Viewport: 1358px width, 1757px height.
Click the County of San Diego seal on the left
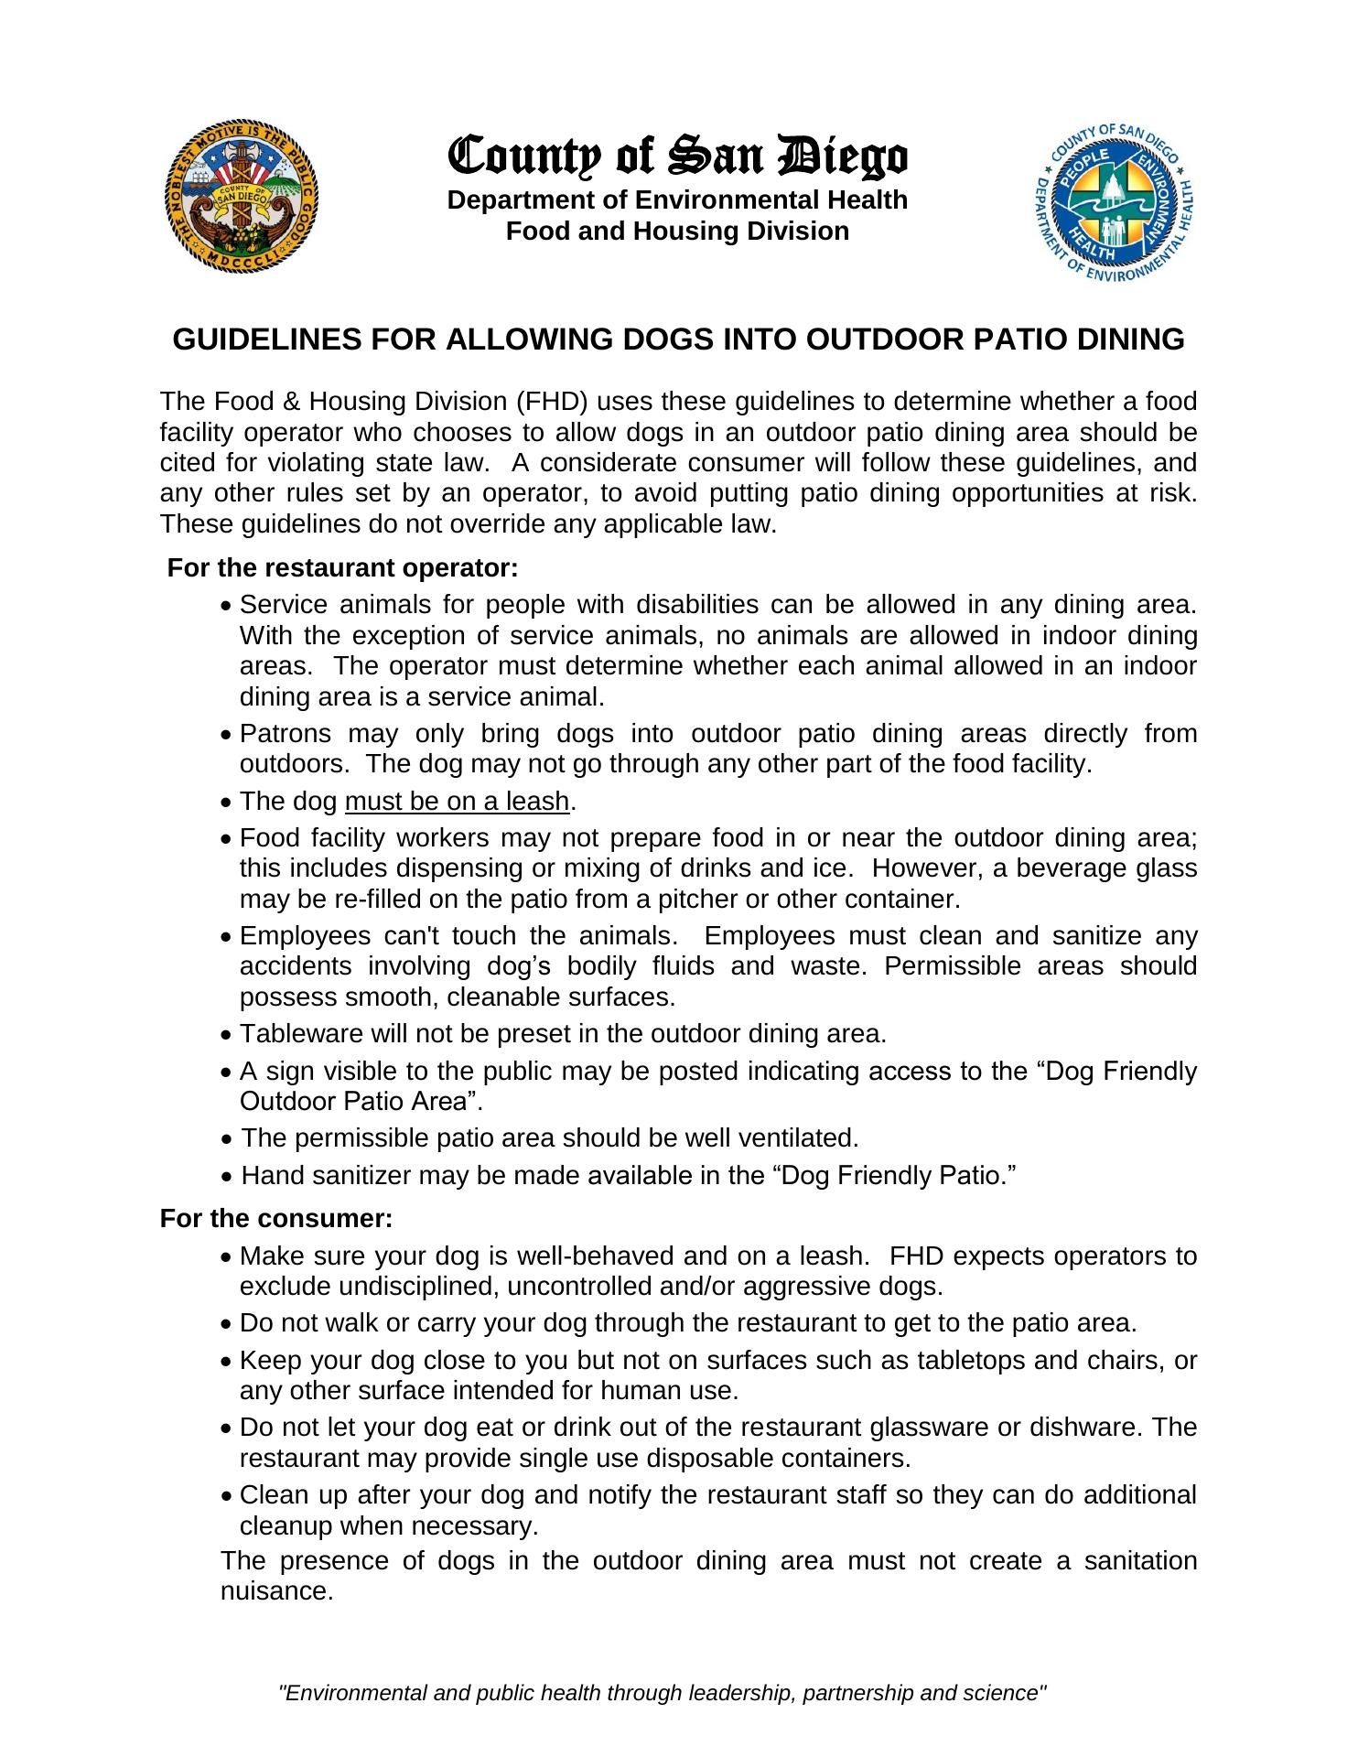pos(243,199)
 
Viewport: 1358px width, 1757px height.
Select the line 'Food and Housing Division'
pos(677,232)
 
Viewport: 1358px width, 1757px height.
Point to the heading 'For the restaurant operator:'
pos(343,568)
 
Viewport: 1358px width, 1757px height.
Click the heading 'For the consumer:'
pos(276,1219)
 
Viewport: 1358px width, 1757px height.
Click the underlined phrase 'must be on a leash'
pos(458,802)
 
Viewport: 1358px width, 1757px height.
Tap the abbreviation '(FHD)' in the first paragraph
pos(546,402)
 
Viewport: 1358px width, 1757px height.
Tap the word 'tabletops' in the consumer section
pos(972,1361)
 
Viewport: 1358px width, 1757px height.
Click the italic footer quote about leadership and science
pos(663,1693)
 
